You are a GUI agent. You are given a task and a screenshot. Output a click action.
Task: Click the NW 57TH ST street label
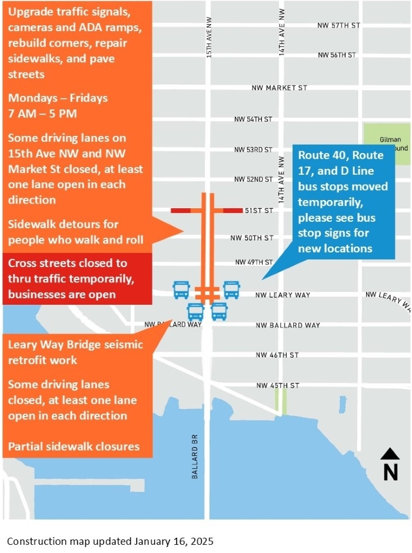click(338, 25)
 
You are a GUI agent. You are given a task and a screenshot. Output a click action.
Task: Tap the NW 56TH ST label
click(337, 55)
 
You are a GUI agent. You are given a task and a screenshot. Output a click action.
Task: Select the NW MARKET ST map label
click(279, 88)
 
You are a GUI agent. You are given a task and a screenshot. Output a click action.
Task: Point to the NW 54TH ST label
click(253, 119)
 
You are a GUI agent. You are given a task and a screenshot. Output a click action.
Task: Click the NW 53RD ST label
click(254, 149)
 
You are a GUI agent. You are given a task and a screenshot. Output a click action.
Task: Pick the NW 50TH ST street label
click(252, 238)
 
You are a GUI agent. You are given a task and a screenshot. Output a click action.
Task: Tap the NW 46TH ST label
click(277, 355)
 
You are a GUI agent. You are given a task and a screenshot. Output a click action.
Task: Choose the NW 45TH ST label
click(278, 386)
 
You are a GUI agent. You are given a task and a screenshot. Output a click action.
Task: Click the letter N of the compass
click(390, 472)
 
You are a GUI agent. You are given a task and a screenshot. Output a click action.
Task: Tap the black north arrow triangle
click(390, 454)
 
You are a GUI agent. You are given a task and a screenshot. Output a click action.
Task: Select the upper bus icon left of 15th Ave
click(181, 289)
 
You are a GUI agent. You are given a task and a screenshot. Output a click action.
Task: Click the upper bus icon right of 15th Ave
click(231, 289)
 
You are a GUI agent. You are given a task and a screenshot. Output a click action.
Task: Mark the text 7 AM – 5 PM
click(43, 113)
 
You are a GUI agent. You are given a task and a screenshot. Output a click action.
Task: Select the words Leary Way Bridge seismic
click(75, 345)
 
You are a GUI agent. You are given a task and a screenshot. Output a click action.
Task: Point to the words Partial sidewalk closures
click(74, 447)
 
